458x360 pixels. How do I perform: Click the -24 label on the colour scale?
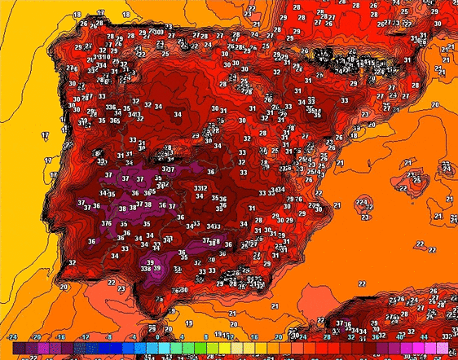(x=12, y=336)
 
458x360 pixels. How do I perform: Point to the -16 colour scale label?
(x=60, y=336)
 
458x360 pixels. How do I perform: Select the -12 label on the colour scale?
(x=85, y=336)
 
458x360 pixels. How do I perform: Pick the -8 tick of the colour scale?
(x=109, y=336)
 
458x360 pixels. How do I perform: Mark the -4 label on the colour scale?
(x=134, y=336)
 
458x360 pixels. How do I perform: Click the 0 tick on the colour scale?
(x=157, y=336)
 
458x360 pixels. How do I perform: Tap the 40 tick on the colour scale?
(x=400, y=336)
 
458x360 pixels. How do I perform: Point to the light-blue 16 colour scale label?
(x=254, y=336)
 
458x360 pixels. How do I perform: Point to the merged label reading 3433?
(x=214, y=226)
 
